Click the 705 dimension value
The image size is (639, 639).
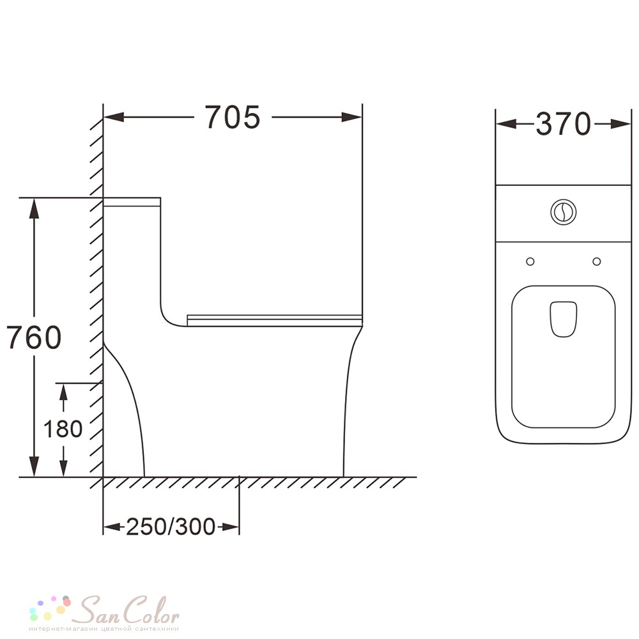tap(232, 117)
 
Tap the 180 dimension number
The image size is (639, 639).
tap(63, 429)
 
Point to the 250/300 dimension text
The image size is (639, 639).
tap(171, 527)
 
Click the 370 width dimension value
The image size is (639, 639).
tap(563, 124)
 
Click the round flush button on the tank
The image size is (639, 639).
tap(564, 212)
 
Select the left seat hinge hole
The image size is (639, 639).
tap(530, 261)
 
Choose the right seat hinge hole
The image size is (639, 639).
tap(597, 261)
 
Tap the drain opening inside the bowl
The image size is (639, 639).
tap(564, 319)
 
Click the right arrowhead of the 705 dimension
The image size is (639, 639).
tap(351, 118)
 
